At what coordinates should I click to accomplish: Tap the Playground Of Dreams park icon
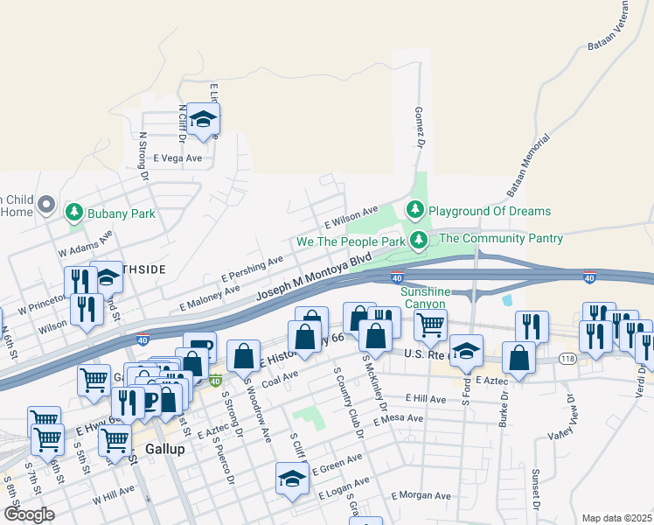coord(414,210)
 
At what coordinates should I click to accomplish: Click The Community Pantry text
coord(501,238)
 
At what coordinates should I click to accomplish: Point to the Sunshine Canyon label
coord(429,297)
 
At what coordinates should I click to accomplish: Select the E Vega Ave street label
coord(177,158)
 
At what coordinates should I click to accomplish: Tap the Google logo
coord(29,514)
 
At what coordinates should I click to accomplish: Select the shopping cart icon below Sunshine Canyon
coord(430,325)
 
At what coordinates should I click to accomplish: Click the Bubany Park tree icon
coord(75,213)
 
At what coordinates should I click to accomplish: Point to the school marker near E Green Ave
coord(292,479)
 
